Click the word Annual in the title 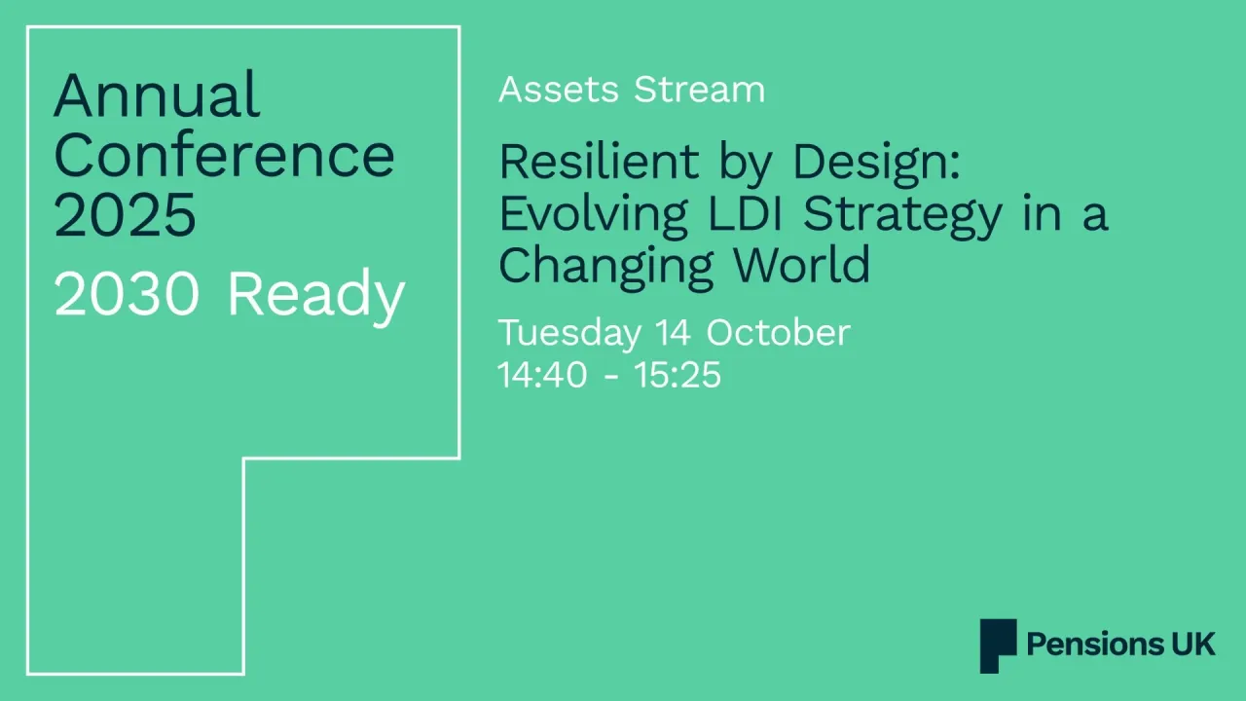tap(157, 95)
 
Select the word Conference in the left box tap(224, 156)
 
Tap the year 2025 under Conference tap(125, 215)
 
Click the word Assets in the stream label tap(559, 90)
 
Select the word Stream tap(699, 90)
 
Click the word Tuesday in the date tap(568, 334)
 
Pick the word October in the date tap(778, 332)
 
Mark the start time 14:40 tap(542, 375)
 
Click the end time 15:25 tap(678, 375)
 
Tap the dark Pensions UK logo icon tap(998, 645)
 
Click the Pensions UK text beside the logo tap(1120, 645)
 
